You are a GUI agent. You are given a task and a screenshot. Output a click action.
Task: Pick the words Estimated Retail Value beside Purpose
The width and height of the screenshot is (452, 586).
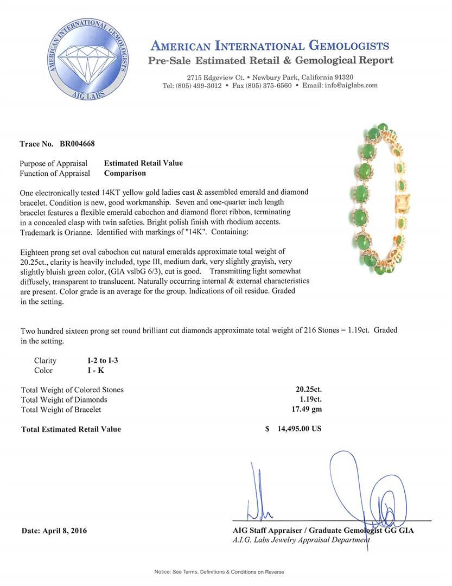[143, 163]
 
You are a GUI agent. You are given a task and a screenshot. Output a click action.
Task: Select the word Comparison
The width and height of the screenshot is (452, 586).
[125, 174]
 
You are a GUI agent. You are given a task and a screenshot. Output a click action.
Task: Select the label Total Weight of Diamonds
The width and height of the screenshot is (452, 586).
[64, 399]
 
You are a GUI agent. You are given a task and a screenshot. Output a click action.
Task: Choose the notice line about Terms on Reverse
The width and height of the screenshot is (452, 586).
[219, 572]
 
